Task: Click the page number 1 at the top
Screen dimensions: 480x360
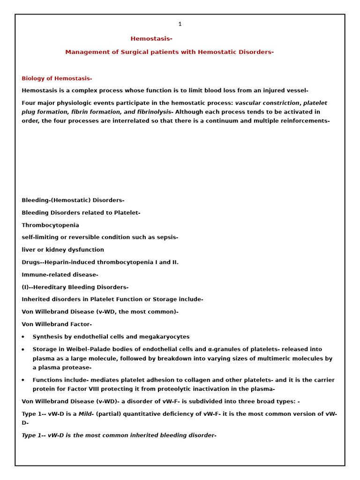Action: pos(180,24)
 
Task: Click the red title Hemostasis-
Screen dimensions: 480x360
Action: pos(151,39)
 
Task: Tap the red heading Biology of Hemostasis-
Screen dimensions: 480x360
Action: pos(57,78)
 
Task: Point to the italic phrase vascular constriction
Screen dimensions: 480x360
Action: pos(267,103)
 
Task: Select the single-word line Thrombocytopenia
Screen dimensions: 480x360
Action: pos(50,225)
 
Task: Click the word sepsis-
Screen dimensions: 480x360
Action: pos(166,238)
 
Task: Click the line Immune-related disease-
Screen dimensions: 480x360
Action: pos(60,275)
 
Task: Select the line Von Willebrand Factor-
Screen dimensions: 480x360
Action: pos(57,324)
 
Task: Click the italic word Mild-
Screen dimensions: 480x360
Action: pos(86,414)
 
